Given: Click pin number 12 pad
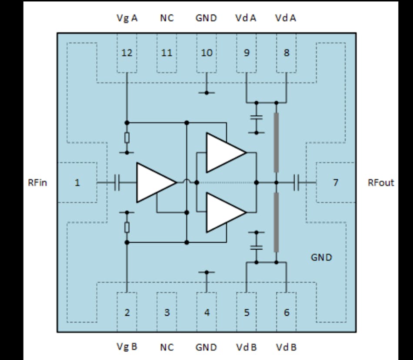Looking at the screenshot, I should [127, 53].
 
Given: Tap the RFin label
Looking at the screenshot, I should [38, 183].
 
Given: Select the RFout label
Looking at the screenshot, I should [381, 183].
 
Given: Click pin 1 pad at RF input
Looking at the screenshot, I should [77, 183].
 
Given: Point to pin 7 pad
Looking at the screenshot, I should [335, 183].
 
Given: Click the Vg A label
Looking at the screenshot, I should [127, 18].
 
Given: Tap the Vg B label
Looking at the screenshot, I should [127, 347].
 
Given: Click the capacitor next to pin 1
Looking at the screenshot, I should [117, 183].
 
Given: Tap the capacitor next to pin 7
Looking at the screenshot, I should [296, 183].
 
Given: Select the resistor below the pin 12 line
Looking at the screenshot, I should [127, 138].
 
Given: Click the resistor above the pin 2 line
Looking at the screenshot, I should [127, 227].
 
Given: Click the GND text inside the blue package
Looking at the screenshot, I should [321, 257].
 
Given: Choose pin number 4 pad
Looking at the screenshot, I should [207, 312].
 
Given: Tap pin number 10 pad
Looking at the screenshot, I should [207, 53].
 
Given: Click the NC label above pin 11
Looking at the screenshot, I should [167, 18].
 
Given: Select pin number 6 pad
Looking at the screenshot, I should [286, 312].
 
